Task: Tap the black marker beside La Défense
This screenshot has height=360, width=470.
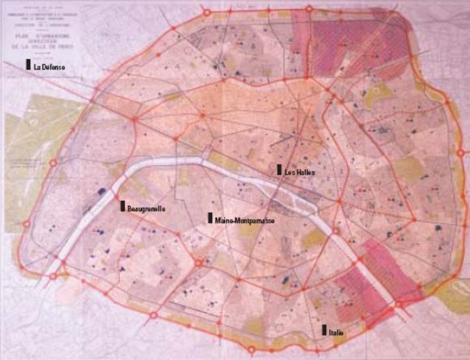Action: click(28, 66)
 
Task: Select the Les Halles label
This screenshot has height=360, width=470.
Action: click(300, 172)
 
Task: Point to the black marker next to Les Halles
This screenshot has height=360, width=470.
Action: click(279, 169)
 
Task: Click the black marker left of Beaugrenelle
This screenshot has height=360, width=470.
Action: click(122, 205)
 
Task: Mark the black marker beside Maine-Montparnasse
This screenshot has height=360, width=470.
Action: click(210, 218)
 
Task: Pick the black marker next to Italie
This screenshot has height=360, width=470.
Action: click(325, 329)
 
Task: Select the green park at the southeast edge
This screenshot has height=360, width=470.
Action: click(453, 296)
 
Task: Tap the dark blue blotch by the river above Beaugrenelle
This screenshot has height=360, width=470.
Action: click(100, 193)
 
